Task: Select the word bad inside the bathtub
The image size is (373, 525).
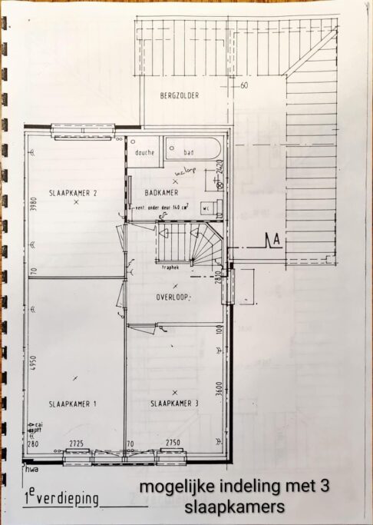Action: (189, 152)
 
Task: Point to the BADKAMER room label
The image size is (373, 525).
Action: (160, 193)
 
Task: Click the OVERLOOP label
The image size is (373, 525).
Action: (173, 296)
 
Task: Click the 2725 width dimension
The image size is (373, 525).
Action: (76, 444)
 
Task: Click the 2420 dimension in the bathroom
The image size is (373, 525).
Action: (219, 169)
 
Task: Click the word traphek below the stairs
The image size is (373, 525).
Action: (171, 267)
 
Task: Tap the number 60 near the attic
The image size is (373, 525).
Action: (243, 85)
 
